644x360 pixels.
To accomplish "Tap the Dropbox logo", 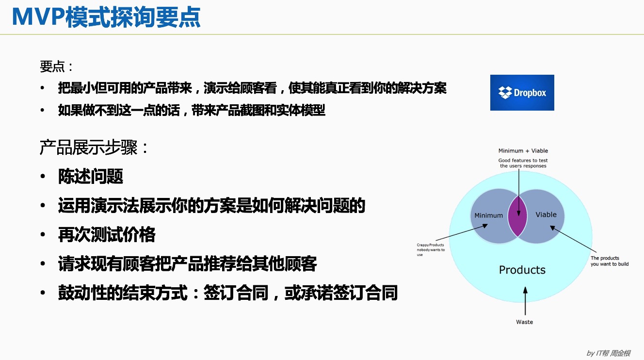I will [x=522, y=93].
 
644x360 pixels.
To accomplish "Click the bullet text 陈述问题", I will [x=91, y=177].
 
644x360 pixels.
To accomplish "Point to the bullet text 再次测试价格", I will [x=107, y=235].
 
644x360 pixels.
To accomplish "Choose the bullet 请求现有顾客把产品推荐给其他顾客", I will [x=187, y=264].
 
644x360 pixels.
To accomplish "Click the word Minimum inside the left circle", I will [x=488, y=215].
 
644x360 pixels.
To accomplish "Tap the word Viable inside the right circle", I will [x=546, y=214].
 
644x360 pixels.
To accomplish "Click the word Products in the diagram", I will [x=522, y=270].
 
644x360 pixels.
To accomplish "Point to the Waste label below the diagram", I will [x=524, y=322].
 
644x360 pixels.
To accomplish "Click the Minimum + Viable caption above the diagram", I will [x=523, y=150].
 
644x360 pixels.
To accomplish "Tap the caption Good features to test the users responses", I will [x=523, y=163].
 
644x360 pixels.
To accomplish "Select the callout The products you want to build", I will [x=609, y=261].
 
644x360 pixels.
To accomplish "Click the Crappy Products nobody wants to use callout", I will [x=430, y=249].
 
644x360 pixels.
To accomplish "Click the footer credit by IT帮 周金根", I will [x=608, y=353].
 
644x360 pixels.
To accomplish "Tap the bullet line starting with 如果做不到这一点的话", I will [x=192, y=111].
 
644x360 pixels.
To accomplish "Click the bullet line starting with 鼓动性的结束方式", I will [x=227, y=293].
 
